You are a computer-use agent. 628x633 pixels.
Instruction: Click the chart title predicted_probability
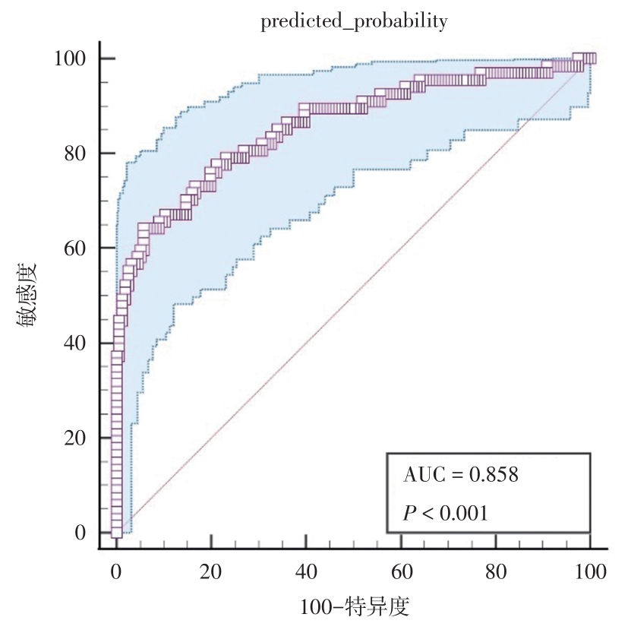354,22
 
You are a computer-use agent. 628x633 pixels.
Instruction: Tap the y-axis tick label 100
69,59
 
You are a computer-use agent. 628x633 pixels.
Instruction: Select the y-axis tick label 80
74,154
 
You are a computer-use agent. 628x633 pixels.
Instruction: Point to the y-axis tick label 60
74,248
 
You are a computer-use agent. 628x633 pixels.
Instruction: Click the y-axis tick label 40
74,343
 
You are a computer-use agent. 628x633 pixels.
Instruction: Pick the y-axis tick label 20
74,438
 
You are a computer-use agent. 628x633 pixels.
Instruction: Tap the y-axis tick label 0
79,533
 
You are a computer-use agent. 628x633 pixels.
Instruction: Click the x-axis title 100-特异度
355,607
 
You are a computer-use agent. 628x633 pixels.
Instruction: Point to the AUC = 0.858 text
460,475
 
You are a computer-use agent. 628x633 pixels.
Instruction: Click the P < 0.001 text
445,513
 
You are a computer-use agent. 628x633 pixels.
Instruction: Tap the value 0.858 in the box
494,475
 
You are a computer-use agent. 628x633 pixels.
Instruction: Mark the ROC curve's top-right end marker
590,59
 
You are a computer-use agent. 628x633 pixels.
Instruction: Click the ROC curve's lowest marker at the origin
116,533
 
